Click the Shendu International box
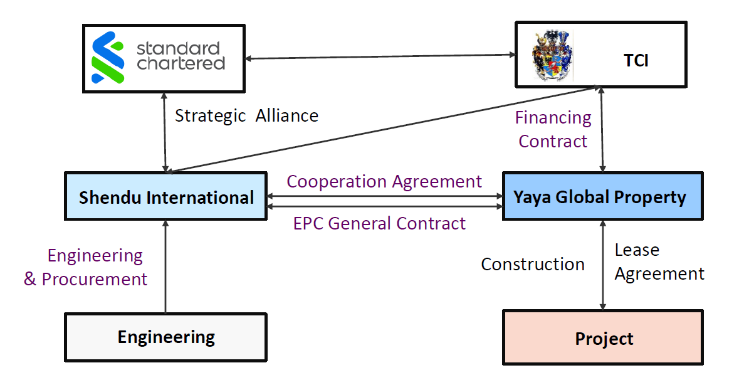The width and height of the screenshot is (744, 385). pyautogui.click(x=165, y=198)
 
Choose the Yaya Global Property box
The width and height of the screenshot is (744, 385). pyautogui.click(x=600, y=198)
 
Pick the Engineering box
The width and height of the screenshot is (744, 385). pyautogui.click(x=165, y=337)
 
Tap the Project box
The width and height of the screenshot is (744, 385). pyautogui.click(x=604, y=339)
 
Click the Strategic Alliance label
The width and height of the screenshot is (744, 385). pyautogui.click(x=246, y=116)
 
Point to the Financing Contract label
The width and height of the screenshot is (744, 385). pyautogui.click(x=553, y=129)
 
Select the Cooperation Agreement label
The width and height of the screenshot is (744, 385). pyautogui.click(x=384, y=182)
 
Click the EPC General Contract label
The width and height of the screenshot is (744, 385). pyautogui.click(x=379, y=223)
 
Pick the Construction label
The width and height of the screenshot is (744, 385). pyautogui.click(x=533, y=264)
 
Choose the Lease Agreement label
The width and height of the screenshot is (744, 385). pyautogui.click(x=658, y=262)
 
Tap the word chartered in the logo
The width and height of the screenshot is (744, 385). pyautogui.click(x=181, y=63)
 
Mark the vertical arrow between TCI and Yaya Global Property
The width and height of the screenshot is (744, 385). pyautogui.click(x=602, y=129)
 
